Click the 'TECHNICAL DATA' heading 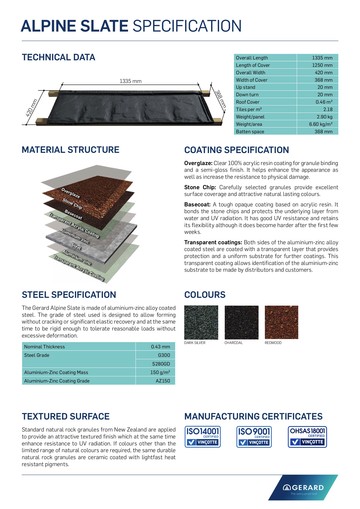click(59, 57)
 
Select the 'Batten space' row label click(251, 130)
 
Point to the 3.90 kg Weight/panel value click(323, 116)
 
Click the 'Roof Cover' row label click(250, 101)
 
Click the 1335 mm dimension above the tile click(130, 80)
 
